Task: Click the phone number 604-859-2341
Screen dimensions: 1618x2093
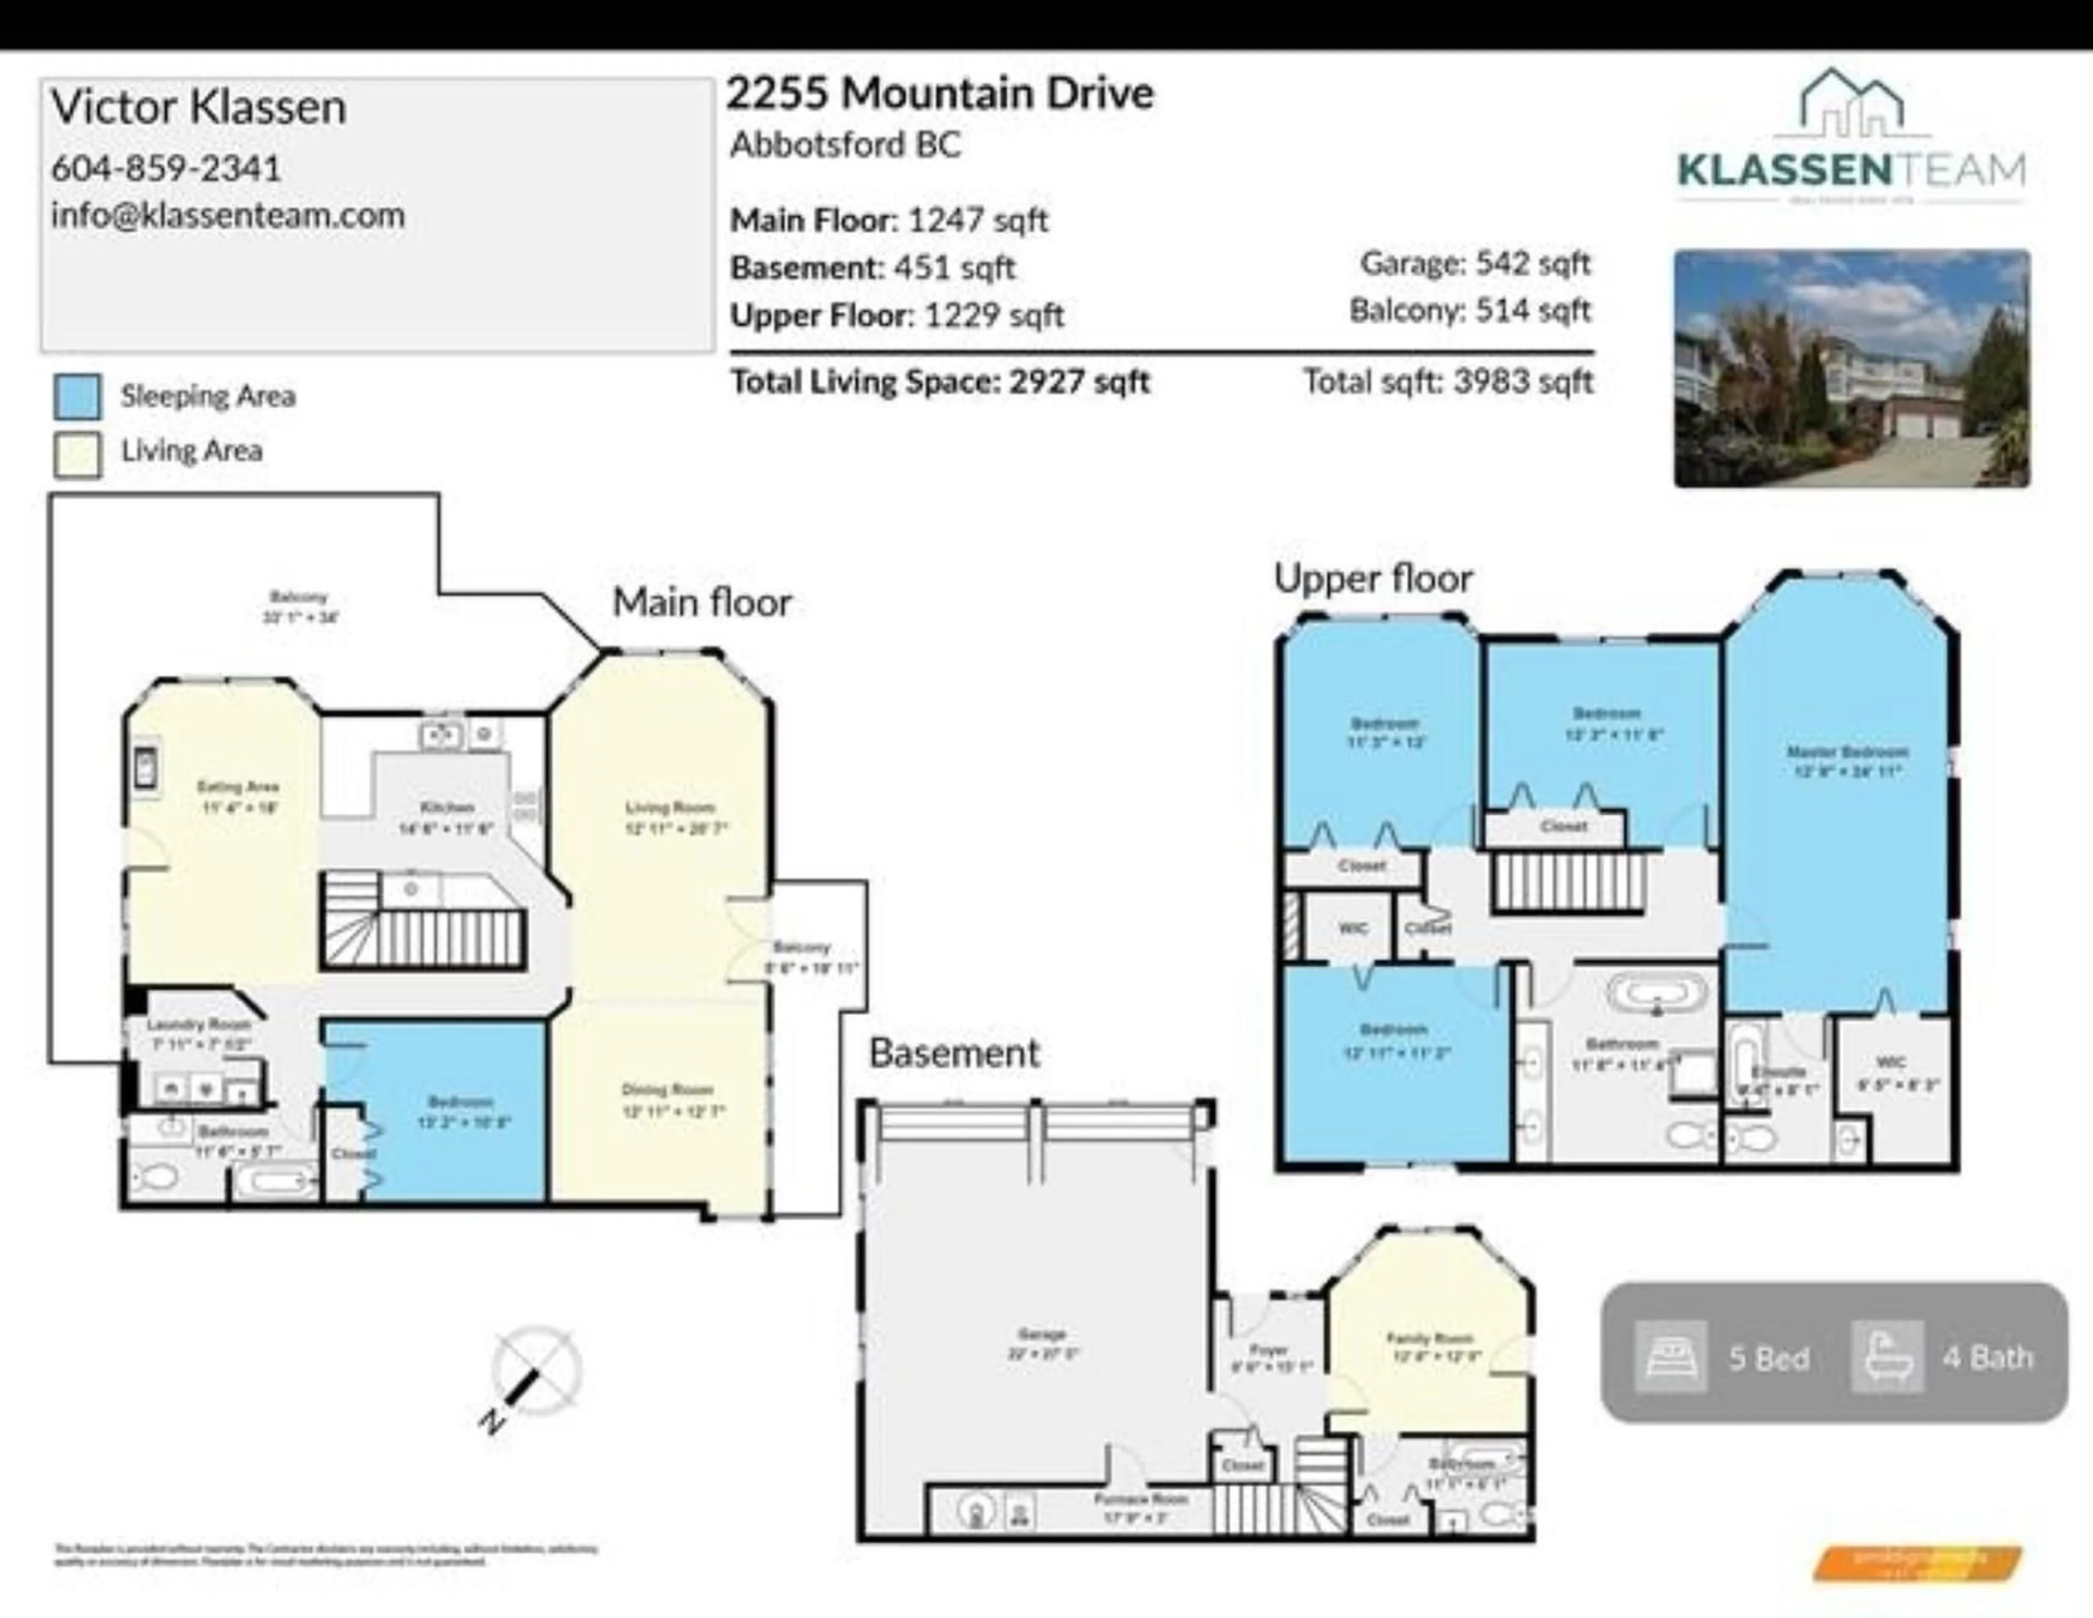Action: coord(166,168)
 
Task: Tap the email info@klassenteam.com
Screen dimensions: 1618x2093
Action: coord(227,215)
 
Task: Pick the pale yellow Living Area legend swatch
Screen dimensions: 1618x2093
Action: coord(77,452)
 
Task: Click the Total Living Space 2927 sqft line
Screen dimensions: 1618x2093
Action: coord(939,381)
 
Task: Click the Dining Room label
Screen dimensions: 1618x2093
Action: coord(667,1089)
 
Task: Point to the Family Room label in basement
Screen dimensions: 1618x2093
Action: coord(1429,1338)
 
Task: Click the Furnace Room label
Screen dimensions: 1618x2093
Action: coord(1140,1498)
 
